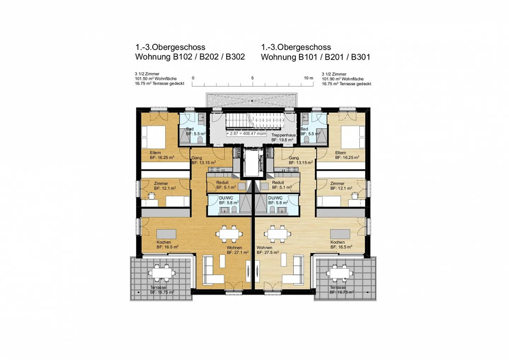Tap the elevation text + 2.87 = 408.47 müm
coord(246,134)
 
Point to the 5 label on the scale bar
coord(252,78)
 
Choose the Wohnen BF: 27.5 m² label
coord(268,250)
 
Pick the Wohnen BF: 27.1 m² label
coord(237,250)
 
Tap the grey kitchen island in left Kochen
coord(166,234)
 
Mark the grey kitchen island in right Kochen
coord(340,234)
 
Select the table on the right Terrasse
coord(339,273)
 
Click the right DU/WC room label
coord(277,200)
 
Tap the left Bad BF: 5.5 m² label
coord(195,131)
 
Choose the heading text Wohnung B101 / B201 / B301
coord(315,57)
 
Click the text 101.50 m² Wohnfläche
coord(156,79)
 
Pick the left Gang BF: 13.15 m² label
coord(203,160)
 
